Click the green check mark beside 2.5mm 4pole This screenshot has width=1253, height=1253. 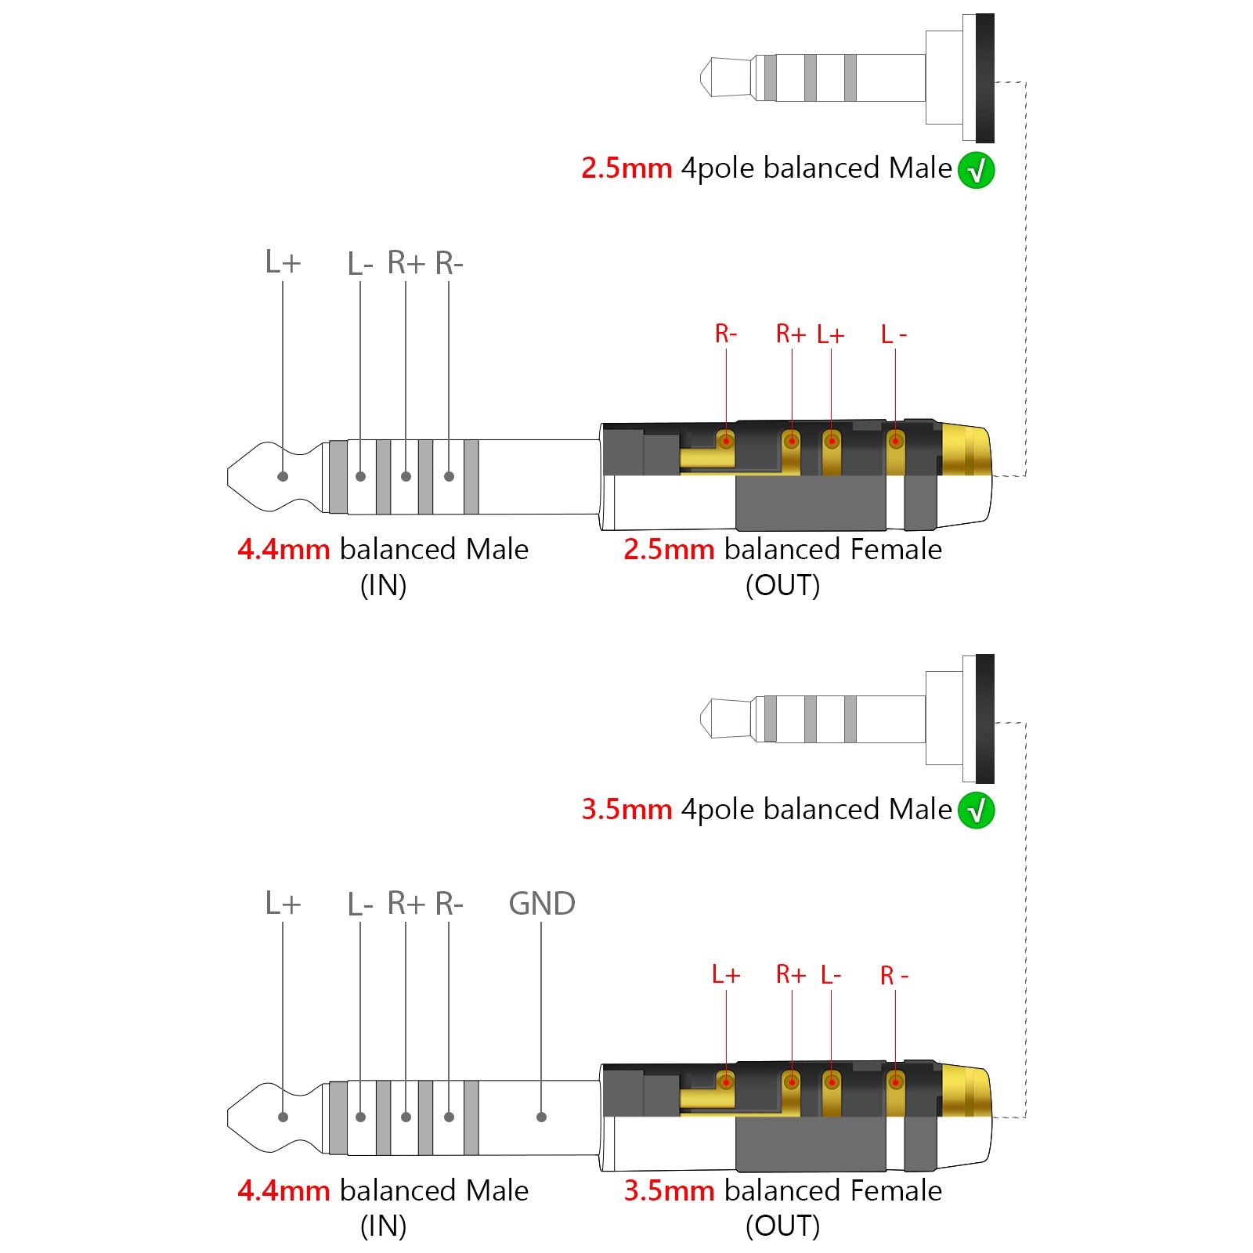point(976,171)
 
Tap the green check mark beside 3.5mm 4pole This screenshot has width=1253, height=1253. point(976,811)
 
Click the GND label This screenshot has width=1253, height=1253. point(541,904)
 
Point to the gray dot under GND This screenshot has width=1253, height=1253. point(541,1117)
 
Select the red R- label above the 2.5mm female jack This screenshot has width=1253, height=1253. point(726,334)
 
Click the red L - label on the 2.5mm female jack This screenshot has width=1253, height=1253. point(894,334)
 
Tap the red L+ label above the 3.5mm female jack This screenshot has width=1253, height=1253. point(726,975)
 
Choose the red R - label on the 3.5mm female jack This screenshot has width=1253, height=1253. point(894,976)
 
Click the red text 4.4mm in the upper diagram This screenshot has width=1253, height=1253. point(283,550)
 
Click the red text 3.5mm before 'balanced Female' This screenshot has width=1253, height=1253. point(669,1190)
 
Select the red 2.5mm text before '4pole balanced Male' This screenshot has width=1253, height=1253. point(626,168)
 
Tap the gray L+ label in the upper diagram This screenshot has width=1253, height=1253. point(283,262)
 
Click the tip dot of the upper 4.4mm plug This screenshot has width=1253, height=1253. point(283,476)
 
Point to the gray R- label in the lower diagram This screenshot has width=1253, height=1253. point(450,904)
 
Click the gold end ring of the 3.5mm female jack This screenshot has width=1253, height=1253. point(966,1092)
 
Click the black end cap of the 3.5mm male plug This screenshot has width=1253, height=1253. point(985,719)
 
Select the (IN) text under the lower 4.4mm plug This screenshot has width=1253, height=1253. point(383,1226)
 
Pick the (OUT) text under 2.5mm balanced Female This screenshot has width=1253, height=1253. point(782,586)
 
